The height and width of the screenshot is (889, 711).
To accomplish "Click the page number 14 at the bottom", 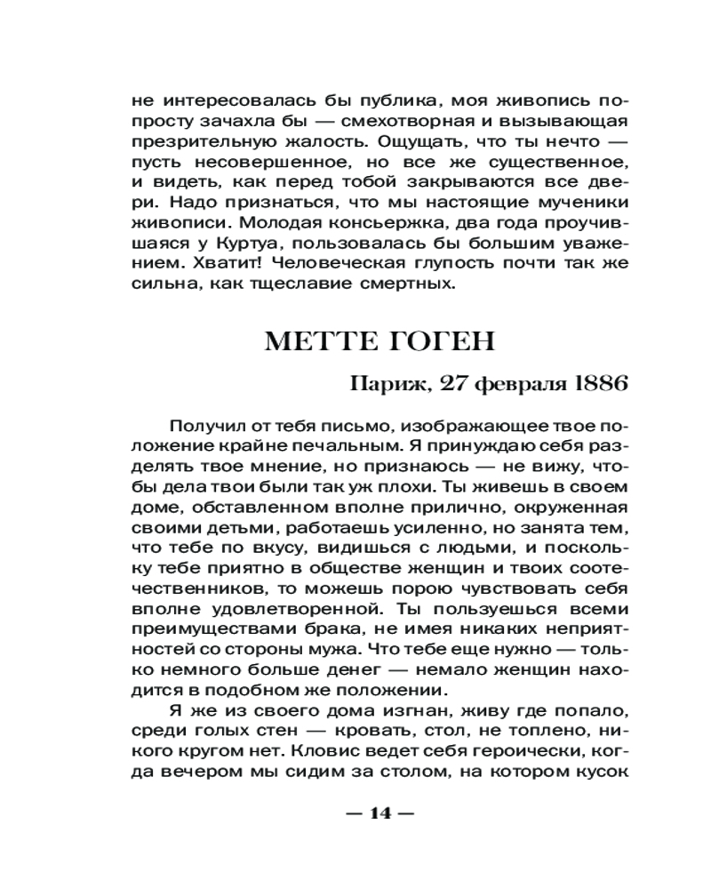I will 379,813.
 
